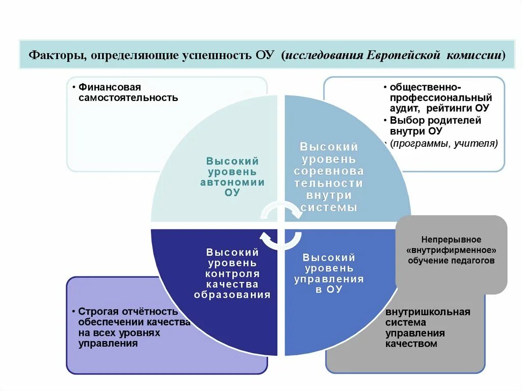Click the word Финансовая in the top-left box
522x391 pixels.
click(109, 87)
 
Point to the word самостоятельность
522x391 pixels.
click(128, 97)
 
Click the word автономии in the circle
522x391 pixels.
click(232, 182)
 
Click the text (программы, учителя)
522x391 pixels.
click(443, 143)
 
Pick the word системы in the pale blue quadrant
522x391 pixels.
click(329, 207)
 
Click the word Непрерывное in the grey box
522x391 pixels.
click(451, 240)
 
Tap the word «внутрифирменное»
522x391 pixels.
click(451, 250)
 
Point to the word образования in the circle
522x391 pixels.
click(232, 295)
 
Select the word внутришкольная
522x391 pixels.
click(428, 312)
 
